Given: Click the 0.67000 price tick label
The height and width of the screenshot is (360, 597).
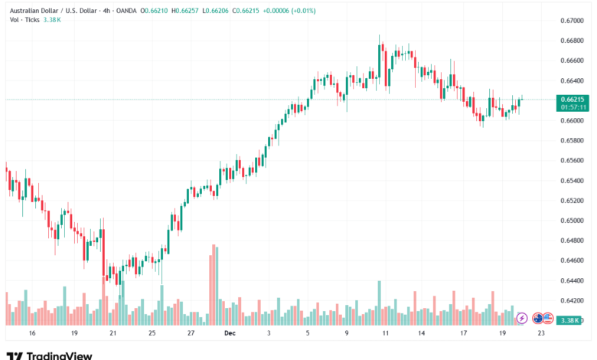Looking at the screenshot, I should (x=573, y=21).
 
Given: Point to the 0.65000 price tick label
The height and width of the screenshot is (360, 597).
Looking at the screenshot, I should (x=573, y=221).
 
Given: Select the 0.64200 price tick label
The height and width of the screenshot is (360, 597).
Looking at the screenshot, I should (x=573, y=301).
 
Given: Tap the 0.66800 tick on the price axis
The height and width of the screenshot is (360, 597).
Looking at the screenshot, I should (x=573, y=41).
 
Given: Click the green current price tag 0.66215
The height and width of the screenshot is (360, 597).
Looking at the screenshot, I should (x=573, y=99).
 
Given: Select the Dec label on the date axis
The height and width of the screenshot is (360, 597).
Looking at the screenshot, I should (x=230, y=334).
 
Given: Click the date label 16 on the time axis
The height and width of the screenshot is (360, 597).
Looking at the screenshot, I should (x=31, y=334).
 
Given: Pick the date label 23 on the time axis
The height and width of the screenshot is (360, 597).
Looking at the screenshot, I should (x=542, y=334).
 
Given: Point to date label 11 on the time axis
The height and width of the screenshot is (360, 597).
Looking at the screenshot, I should (x=386, y=334).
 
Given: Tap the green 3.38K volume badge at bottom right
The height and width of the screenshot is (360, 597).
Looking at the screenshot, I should (x=573, y=319).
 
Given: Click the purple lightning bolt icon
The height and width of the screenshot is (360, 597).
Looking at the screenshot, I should (x=523, y=317).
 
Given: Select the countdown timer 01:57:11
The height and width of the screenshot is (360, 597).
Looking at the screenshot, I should (x=573, y=108).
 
